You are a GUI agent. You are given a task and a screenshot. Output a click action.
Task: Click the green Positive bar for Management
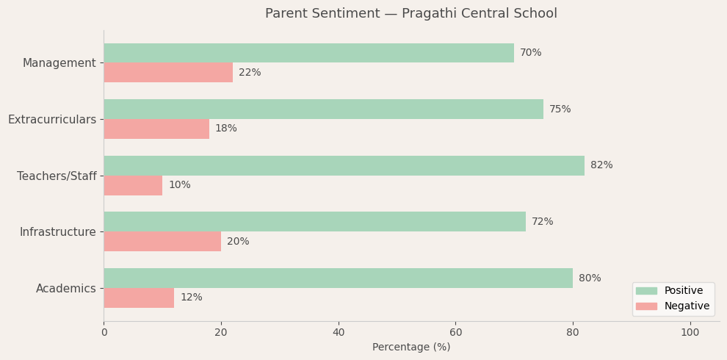[308, 53]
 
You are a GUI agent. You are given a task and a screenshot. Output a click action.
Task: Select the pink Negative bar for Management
[168, 73]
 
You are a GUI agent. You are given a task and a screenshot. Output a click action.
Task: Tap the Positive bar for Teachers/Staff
[344, 165]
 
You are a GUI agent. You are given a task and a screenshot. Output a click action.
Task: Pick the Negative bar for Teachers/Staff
[133, 185]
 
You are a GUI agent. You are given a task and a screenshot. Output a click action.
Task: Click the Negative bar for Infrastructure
[162, 242]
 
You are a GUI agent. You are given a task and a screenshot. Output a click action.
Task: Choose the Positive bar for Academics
[338, 278]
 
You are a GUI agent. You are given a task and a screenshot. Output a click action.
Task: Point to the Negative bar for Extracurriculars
[156, 129]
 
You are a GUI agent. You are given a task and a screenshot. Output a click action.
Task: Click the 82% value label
[601, 165]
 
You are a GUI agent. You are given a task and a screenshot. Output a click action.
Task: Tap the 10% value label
[179, 185]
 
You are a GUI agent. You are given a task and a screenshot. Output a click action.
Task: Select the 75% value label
[560, 109]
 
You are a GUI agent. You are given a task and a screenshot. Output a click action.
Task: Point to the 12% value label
[191, 298]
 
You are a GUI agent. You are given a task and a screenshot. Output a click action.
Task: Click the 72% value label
[542, 222]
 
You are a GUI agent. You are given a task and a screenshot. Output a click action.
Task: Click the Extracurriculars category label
[52, 119]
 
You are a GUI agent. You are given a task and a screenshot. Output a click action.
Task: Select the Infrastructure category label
[58, 232]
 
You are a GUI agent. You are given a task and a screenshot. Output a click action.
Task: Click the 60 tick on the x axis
[455, 333]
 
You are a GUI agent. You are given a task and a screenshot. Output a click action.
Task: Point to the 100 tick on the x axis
[690, 333]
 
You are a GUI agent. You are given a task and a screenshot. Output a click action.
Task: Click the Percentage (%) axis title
[411, 348]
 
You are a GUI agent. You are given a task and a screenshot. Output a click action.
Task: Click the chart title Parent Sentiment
[411, 14]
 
